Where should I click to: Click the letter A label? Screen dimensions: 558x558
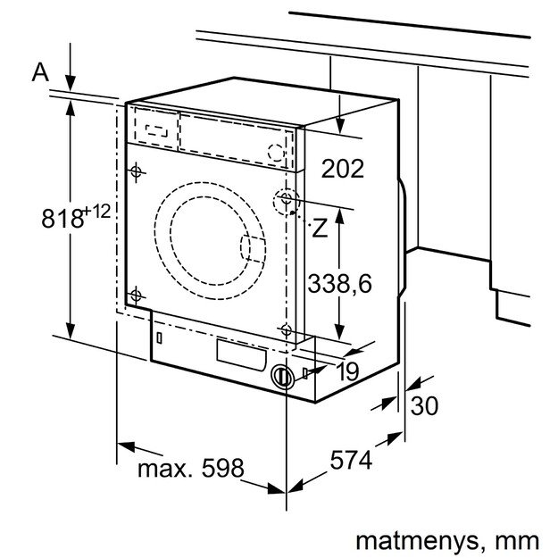40,72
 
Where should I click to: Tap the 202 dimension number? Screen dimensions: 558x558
342,169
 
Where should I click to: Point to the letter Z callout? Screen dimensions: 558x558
320,228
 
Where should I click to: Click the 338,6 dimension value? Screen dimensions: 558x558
340,284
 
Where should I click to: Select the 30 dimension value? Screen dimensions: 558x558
426,405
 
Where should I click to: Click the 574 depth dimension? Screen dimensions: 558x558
351,462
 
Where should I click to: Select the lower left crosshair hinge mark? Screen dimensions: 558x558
136,295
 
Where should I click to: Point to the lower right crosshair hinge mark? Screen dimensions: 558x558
286,329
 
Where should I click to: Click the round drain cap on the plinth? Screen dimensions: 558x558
282,377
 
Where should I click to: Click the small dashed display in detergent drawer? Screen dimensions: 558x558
155,128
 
